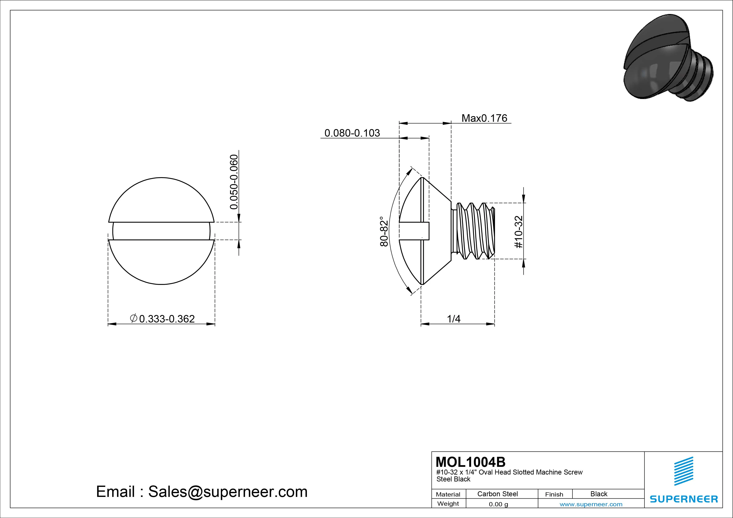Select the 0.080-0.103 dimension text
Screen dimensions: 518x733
pos(352,133)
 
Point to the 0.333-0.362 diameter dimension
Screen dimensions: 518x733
pos(163,319)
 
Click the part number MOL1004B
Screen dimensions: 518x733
pos(470,462)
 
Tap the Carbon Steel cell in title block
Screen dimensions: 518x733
pos(497,494)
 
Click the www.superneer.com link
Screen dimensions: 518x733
pos(591,504)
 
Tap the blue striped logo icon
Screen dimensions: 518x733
pos(683,471)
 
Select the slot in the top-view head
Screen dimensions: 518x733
pos(161,231)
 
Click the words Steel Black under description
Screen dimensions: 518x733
pos(453,479)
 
